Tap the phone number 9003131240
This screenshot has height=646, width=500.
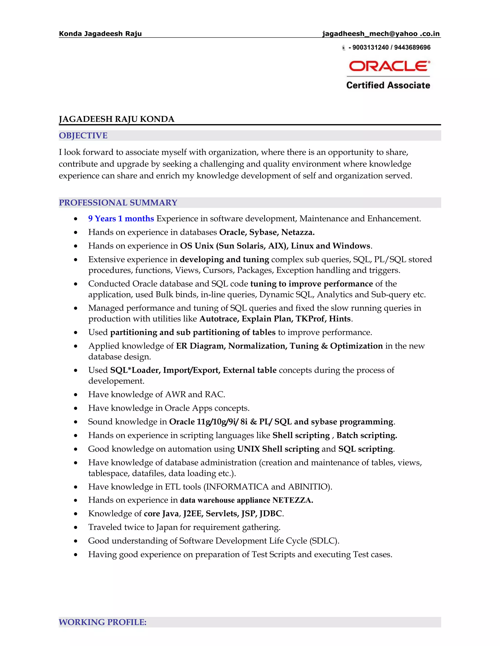click(370, 48)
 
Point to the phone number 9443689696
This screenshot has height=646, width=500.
click(412, 48)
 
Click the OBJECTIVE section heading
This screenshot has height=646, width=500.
click(83, 136)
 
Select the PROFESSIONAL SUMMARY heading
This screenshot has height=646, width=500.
click(118, 203)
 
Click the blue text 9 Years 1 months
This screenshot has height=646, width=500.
click(121, 219)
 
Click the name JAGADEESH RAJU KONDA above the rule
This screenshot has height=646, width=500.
click(116, 119)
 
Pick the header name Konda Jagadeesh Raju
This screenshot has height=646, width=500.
click(100, 34)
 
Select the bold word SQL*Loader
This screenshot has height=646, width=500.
click(135, 370)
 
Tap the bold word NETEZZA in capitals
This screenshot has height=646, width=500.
click(292, 500)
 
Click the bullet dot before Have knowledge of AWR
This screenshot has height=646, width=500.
click(76, 395)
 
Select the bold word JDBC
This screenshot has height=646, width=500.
click(271, 513)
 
